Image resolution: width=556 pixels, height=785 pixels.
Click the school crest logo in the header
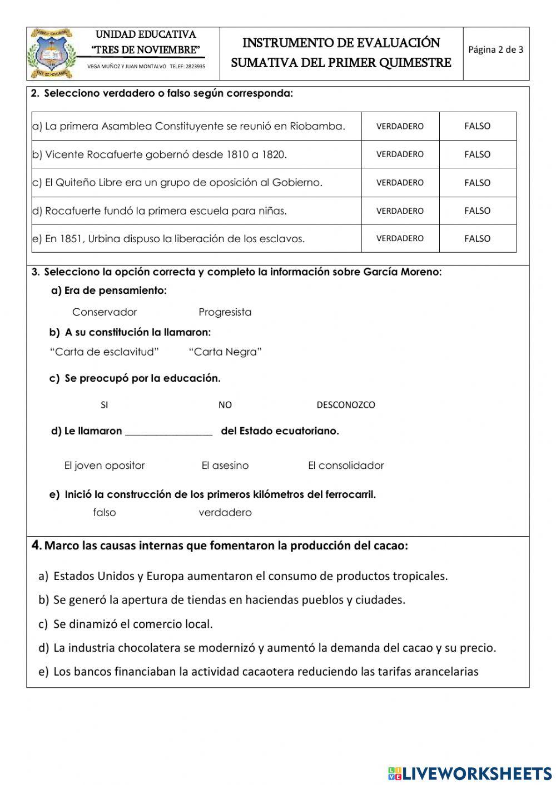pos(51,53)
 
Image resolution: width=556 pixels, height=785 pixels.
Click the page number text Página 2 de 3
pos(495,49)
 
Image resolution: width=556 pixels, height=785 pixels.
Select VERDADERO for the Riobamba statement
pos(400,126)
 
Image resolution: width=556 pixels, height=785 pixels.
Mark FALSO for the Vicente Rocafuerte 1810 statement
pos(477,154)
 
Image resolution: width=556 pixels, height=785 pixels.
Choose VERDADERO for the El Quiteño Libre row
pos(400,183)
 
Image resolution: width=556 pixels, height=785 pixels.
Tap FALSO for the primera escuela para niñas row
pos(477,211)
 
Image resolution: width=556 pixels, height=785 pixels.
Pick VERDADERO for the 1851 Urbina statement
pos(400,238)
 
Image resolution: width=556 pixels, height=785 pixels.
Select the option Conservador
pos(105,312)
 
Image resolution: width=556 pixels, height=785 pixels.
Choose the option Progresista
pos(225,312)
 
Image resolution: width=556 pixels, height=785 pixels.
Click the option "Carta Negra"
pos(225,352)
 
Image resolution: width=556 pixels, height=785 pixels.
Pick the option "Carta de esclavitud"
pos(105,352)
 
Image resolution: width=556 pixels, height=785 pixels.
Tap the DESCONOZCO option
pos(345,405)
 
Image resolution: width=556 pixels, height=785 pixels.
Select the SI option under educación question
pos(105,405)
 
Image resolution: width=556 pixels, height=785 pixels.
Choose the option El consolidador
pos(346,466)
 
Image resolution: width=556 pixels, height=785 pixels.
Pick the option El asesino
pos(225,466)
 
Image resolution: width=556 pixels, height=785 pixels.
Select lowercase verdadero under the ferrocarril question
pos(225,513)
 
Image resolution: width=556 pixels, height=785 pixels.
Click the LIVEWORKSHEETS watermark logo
pos(469,773)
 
